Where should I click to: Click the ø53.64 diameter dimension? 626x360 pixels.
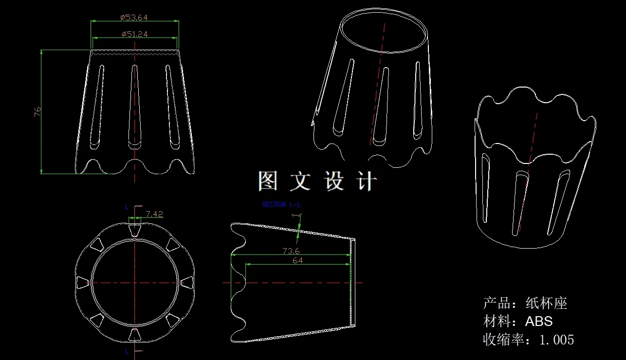click(134, 18)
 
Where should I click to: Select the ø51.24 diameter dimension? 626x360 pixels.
click(134, 34)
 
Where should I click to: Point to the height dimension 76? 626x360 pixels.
click(37, 112)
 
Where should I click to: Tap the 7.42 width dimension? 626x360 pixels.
click(154, 214)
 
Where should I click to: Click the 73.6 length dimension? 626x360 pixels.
click(291, 251)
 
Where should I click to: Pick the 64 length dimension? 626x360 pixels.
click(297, 261)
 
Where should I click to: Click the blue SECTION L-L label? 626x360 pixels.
click(281, 204)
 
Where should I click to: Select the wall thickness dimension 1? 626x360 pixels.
click(296, 216)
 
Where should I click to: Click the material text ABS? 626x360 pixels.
click(539, 321)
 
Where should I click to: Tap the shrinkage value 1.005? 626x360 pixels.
click(557, 340)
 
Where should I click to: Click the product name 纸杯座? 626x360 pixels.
click(546, 303)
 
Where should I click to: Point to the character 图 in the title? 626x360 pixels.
click(267, 181)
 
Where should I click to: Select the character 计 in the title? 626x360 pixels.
click(367, 181)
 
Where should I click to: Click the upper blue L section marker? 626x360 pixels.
click(127, 207)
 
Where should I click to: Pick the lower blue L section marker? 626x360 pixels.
click(127, 352)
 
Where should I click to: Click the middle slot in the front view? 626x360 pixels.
click(135, 107)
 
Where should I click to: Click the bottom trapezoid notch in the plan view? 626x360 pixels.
click(135, 334)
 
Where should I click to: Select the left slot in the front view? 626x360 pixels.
click(97, 107)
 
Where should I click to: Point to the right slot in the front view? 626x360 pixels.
click(172, 107)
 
